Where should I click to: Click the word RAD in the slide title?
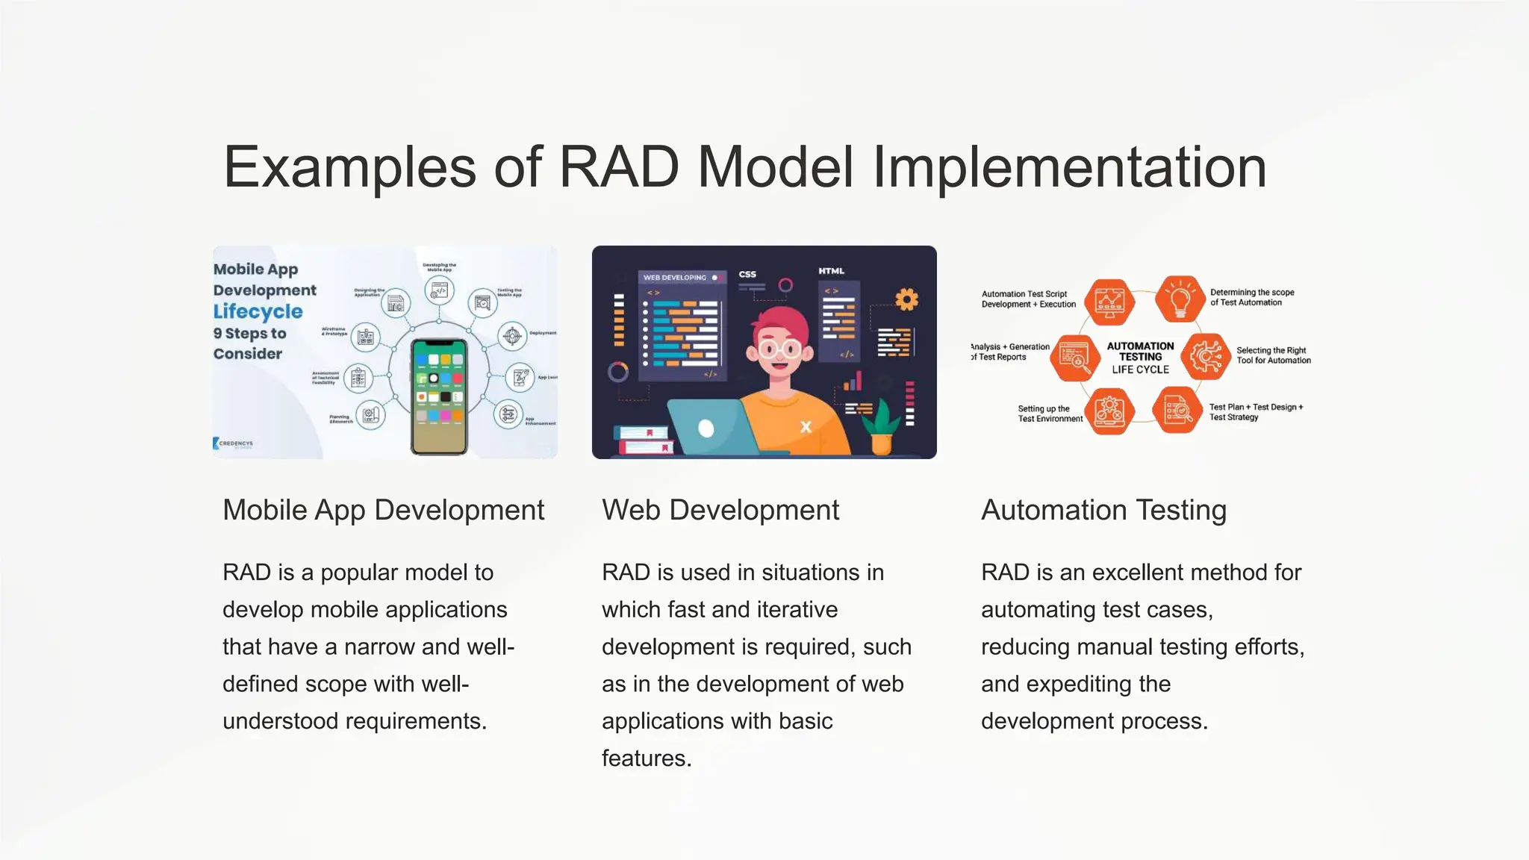click(x=618, y=167)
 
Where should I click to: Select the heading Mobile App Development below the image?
click(x=383, y=511)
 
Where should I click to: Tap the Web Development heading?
click(x=720, y=511)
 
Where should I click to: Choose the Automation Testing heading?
click(x=1103, y=511)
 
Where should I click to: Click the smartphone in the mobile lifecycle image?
click(x=439, y=396)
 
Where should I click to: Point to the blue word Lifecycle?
click(x=258, y=312)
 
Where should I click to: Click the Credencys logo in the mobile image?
click(x=234, y=443)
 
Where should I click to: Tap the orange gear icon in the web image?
click(x=906, y=300)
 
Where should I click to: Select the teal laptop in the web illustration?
click(x=706, y=428)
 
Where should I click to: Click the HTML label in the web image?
click(x=831, y=271)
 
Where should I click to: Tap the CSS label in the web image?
click(x=747, y=274)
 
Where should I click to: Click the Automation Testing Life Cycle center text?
click(x=1140, y=358)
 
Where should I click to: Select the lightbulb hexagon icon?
click(x=1180, y=299)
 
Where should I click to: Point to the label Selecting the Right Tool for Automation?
click(x=1272, y=355)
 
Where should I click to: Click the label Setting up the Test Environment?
click(x=1049, y=414)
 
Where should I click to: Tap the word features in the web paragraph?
click(x=646, y=758)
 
